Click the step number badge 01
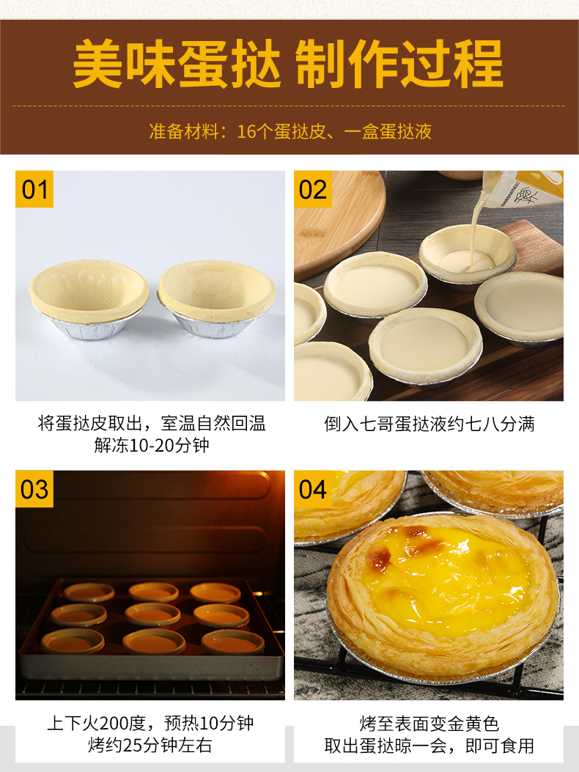click(34, 189)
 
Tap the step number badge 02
click(313, 189)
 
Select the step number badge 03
click(34, 489)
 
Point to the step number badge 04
click(313, 489)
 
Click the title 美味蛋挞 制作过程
click(289, 65)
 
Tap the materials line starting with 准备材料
click(290, 131)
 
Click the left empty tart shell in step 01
click(89, 299)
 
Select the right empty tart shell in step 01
click(217, 298)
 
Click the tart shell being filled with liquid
click(468, 254)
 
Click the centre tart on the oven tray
click(152, 614)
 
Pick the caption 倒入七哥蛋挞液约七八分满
click(429, 424)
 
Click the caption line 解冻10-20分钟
click(152, 445)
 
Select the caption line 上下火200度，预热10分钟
click(151, 724)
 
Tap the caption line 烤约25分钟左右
click(151, 745)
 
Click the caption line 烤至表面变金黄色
click(429, 724)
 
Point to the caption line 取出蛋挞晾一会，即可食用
click(429, 746)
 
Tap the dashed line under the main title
click(289, 106)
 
